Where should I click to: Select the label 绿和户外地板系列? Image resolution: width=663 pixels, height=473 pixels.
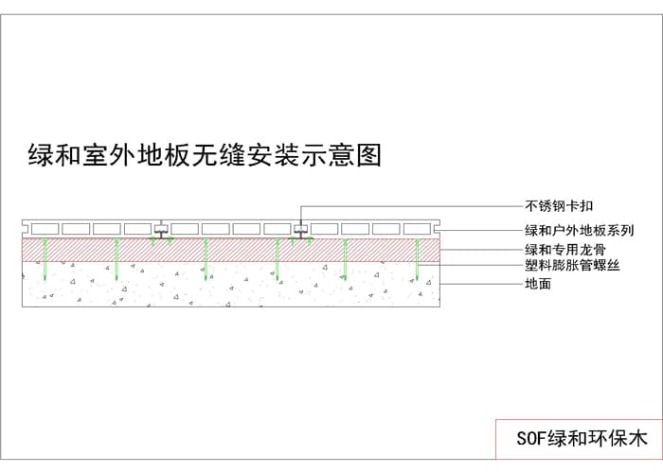579,230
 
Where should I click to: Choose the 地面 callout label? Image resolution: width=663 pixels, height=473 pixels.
538,284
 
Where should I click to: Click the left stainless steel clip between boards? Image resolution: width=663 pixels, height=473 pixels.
162,230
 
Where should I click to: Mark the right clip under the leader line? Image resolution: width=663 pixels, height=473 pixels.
300,230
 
